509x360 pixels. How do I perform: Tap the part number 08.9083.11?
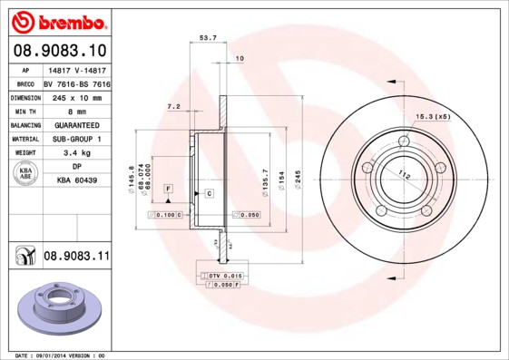[x=76, y=258]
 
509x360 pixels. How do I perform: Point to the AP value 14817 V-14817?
[x=77, y=69]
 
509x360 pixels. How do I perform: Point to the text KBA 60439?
[x=77, y=181]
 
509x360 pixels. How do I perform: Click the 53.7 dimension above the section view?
[x=208, y=37]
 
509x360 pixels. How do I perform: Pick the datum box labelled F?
[x=168, y=188]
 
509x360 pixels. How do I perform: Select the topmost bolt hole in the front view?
[x=404, y=140]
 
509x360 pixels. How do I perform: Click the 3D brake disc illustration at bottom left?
[x=54, y=309]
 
